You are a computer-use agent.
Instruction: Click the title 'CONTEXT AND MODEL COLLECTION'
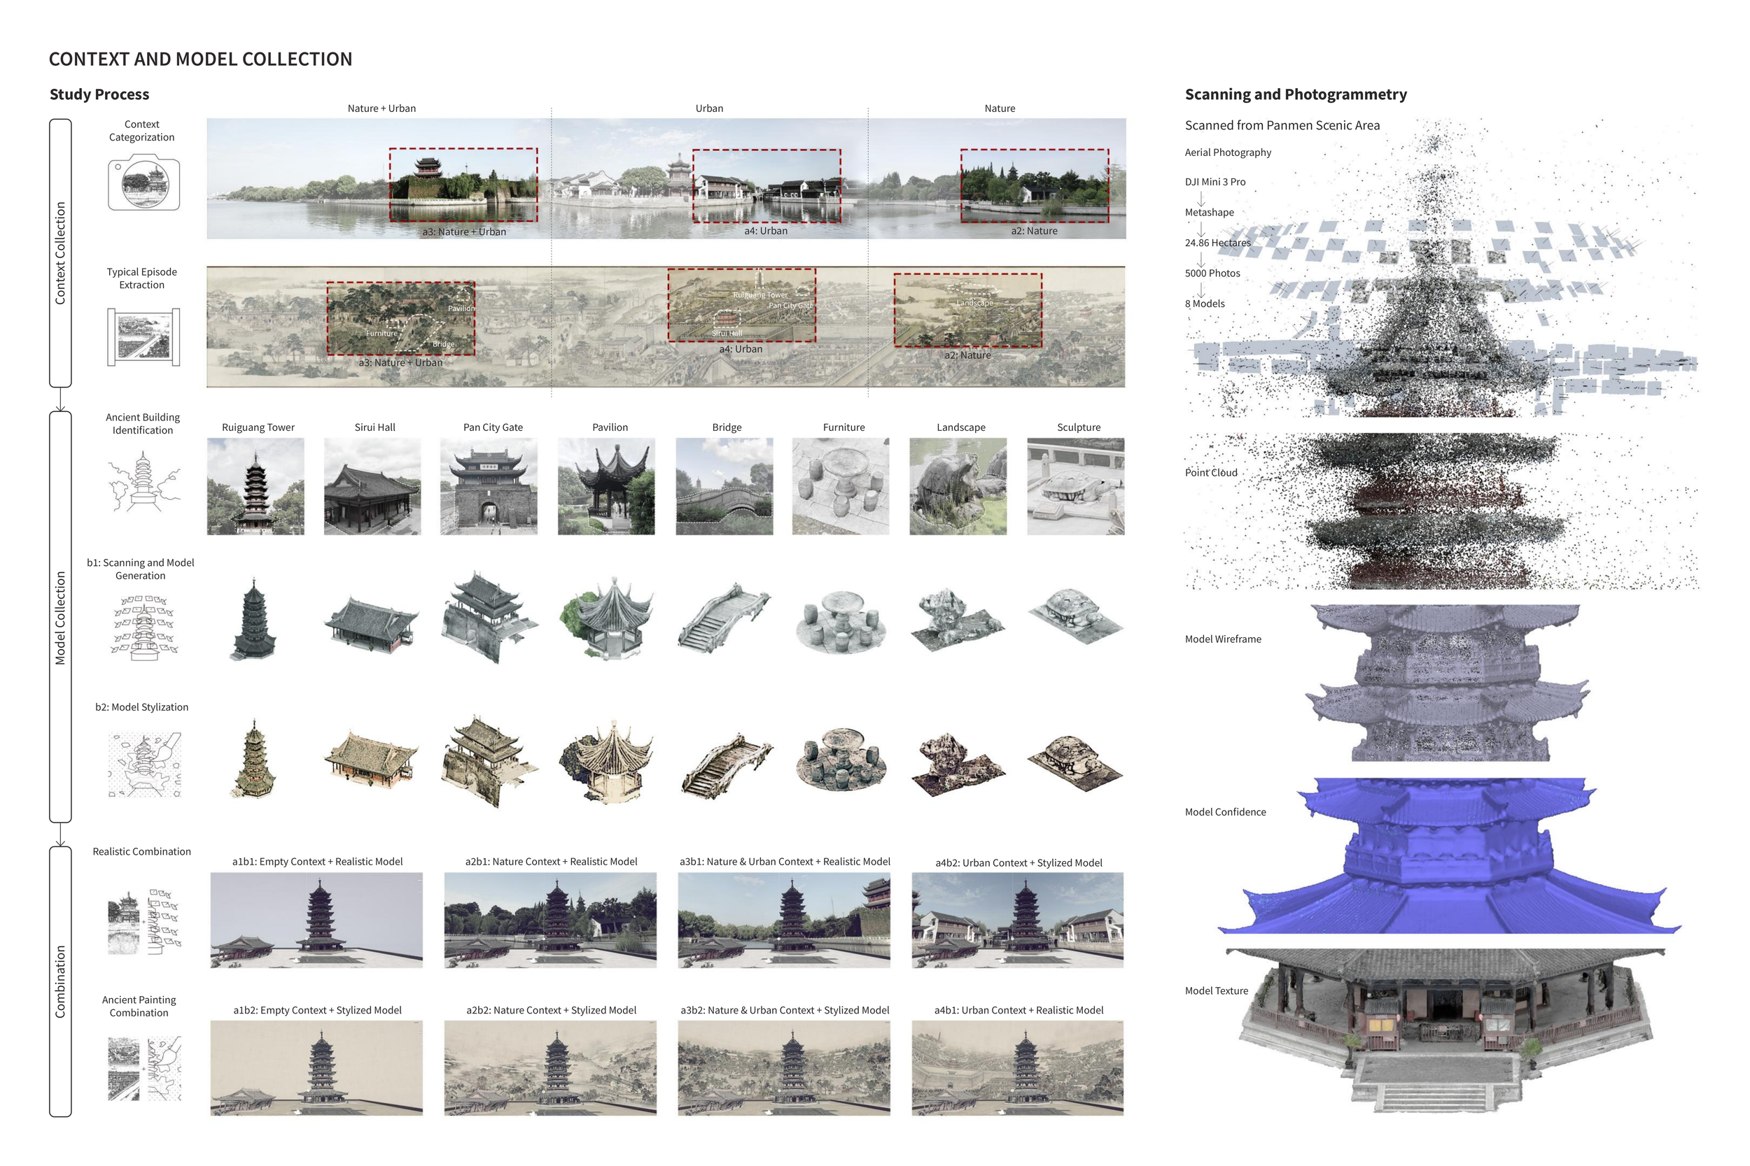click(x=200, y=59)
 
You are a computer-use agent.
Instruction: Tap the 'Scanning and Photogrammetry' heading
click(x=1296, y=94)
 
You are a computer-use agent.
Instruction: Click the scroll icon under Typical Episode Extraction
click(x=143, y=337)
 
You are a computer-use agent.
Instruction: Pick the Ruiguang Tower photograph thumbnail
click(x=255, y=486)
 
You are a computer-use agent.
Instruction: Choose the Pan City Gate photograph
click(x=489, y=486)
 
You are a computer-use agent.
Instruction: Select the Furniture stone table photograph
click(x=841, y=486)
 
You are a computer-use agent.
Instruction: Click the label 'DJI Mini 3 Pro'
click(x=1215, y=182)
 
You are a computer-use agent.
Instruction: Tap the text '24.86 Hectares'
click(x=1217, y=243)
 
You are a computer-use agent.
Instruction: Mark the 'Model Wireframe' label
click(x=1222, y=639)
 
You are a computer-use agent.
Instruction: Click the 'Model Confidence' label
click(x=1225, y=813)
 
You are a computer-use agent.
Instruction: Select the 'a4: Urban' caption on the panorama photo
click(x=766, y=232)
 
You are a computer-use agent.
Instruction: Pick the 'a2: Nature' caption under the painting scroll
click(x=967, y=355)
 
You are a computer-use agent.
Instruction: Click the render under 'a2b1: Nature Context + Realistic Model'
click(x=551, y=920)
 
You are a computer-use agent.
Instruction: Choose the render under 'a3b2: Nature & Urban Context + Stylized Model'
click(x=783, y=1068)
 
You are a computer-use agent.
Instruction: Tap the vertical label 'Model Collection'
click(x=60, y=618)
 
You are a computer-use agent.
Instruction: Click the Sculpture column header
click(x=1078, y=427)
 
